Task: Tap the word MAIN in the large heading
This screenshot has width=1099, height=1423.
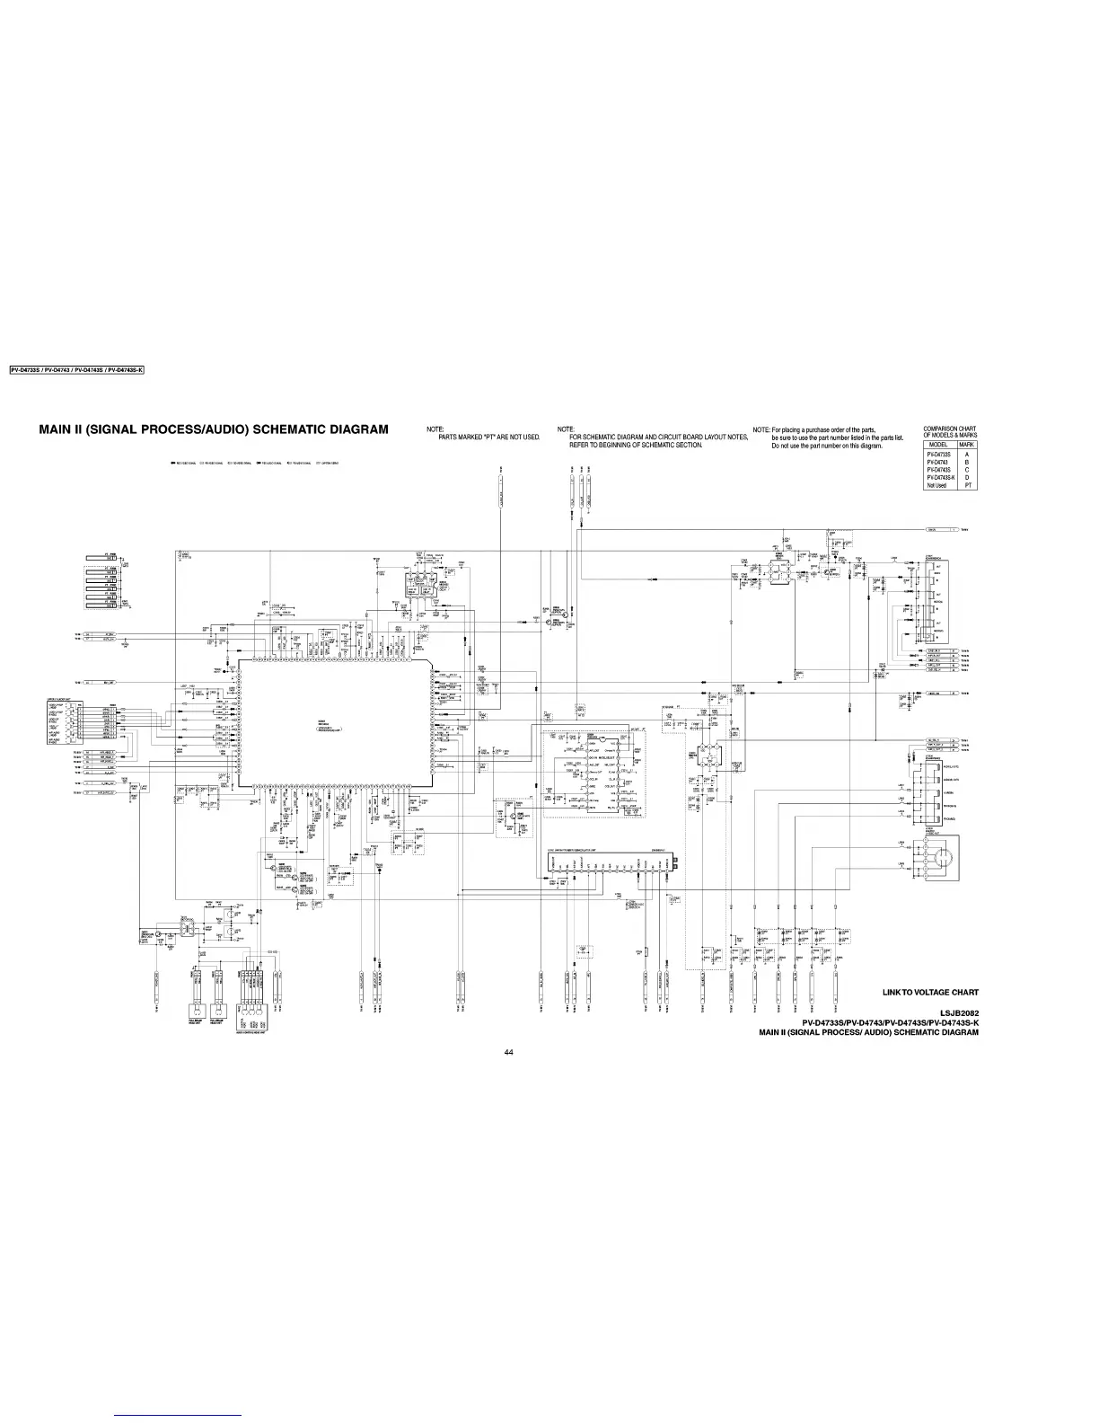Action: click(59, 429)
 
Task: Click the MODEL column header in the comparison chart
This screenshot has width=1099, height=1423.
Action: click(938, 445)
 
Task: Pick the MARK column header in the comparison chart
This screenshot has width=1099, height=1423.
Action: click(966, 445)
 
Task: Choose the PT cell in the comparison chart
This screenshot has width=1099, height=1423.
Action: click(966, 485)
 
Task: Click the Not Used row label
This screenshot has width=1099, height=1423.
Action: click(936, 485)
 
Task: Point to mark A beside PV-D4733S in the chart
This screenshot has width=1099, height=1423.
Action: click(966, 455)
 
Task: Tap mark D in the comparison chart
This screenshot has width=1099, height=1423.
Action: click(966, 477)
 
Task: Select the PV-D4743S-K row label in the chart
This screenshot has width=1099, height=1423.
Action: click(940, 477)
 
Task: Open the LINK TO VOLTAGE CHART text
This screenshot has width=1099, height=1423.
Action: click(930, 993)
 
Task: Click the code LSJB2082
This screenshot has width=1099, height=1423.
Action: click(958, 1012)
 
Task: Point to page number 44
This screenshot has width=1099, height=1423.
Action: click(508, 1052)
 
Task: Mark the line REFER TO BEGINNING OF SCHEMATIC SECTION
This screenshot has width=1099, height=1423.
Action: click(635, 445)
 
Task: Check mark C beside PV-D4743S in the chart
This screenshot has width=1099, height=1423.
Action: click(966, 470)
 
